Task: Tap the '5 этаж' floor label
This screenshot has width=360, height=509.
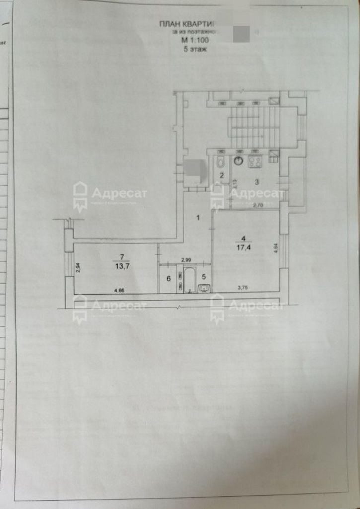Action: coord(191,49)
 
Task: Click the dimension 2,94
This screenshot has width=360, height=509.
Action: coord(78,268)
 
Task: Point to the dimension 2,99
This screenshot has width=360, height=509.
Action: coord(185,259)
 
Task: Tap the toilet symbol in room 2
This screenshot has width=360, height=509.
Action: coord(220,162)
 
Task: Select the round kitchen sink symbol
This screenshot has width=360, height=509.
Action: coord(239,160)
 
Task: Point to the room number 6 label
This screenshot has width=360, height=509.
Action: coord(168,279)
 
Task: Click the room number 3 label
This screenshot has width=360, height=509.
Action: coord(256,182)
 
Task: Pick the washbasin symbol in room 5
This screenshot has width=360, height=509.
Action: coord(204,288)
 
